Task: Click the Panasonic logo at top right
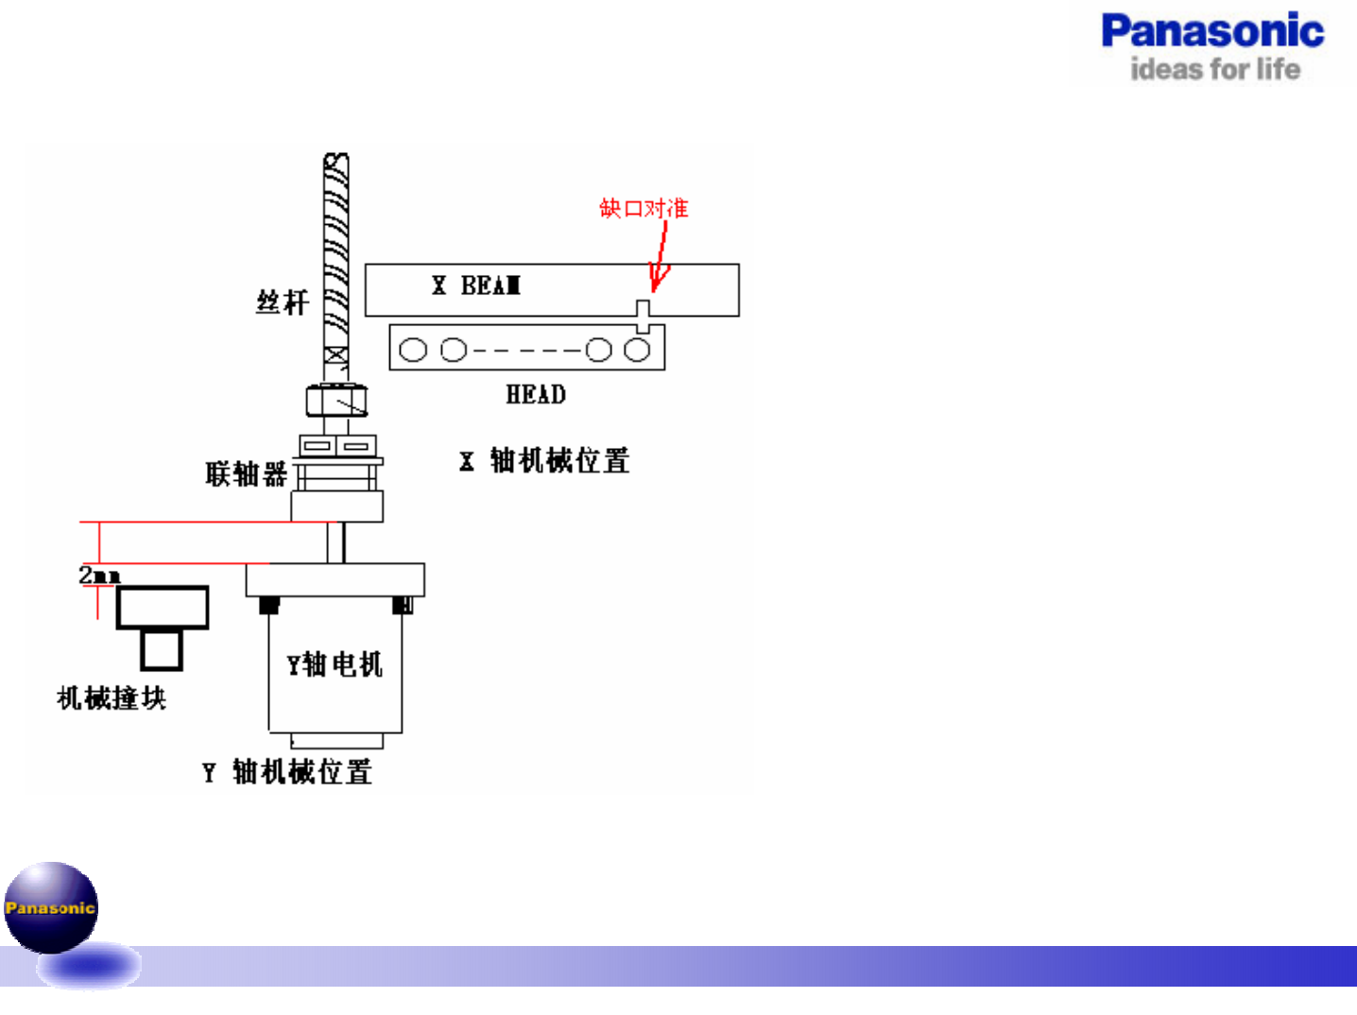[x=1212, y=32]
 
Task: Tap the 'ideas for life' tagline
[x=1215, y=69]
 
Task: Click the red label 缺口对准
[x=644, y=208]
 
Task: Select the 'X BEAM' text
[x=476, y=285]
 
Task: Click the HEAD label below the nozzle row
[x=536, y=395]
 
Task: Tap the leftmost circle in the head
[x=413, y=350]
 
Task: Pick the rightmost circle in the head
[x=637, y=350]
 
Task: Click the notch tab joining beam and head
[x=643, y=316]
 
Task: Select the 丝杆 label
[x=282, y=302]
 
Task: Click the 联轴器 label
[x=246, y=473]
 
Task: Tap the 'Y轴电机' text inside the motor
[x=335, y=664]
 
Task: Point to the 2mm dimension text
[x=99, y=575]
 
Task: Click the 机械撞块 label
[x=112, y=698]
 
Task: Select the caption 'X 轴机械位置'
[x=545, y=461]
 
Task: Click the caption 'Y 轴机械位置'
[x=287, y=772]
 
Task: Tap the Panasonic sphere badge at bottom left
[x=51, y=907]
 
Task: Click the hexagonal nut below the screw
[x=335, y=401]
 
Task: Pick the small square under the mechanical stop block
[x=162, y=650]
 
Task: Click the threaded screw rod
[x=335, y=255]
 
